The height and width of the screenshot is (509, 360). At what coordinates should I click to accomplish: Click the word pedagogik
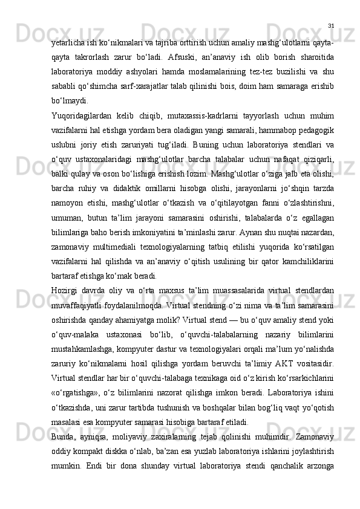(x=316, y=129)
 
